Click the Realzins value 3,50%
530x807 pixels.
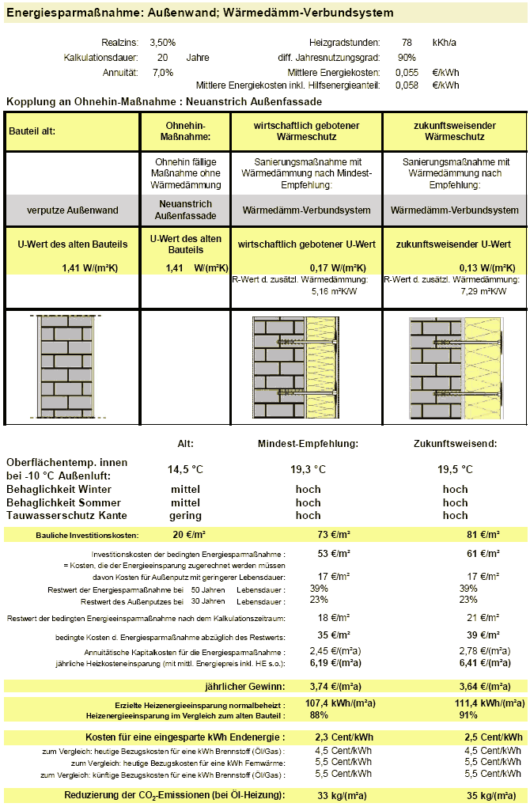coord(162,42)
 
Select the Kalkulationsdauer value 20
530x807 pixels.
coord(162,57)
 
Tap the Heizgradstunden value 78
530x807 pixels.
coord(407,42)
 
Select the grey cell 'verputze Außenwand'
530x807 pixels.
coord(72,210)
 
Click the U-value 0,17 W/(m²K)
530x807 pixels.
coord(331,267)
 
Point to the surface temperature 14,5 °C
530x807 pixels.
coord(185,469)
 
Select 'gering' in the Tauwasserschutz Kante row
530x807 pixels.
coord(185,515)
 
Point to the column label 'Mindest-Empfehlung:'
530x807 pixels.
coord(308,444)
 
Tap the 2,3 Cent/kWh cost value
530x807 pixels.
coord(333,737)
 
